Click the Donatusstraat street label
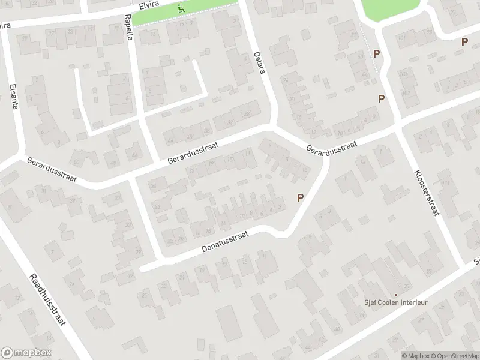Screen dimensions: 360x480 pos(225,241)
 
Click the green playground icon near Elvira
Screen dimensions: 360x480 pos(181,9)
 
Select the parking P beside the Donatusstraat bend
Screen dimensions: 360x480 pos(300,196)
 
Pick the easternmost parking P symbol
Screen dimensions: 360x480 pos(464,41)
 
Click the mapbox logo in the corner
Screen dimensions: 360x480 pos(26,353)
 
